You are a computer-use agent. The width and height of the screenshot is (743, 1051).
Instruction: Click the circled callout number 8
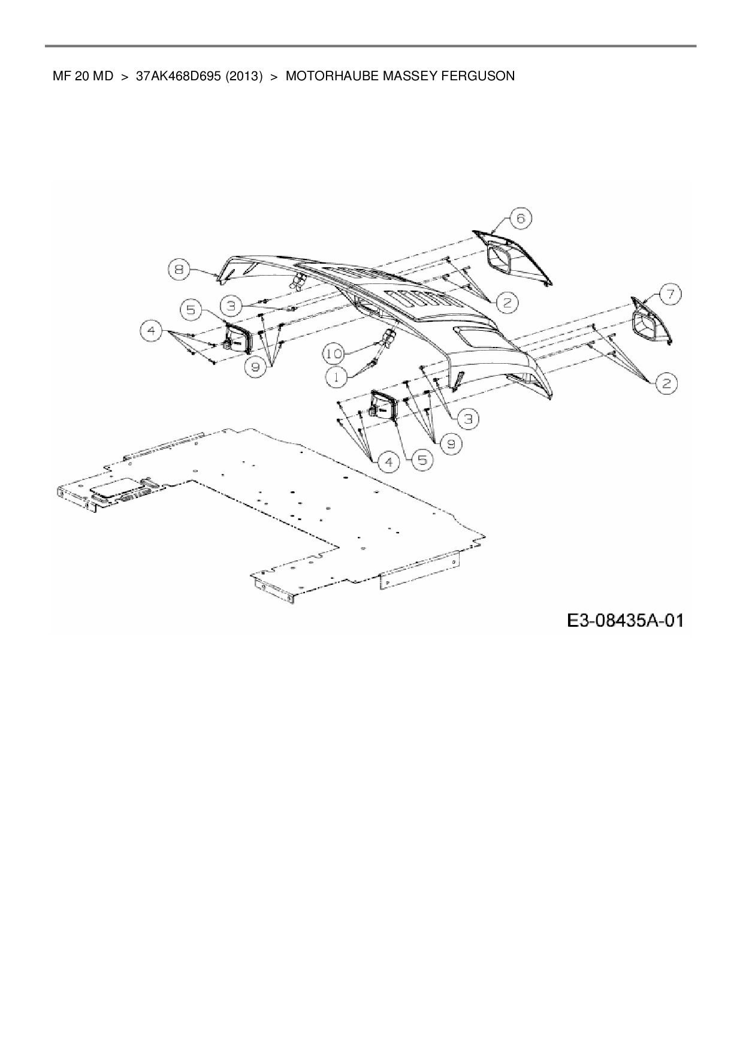click(x=178, y=270)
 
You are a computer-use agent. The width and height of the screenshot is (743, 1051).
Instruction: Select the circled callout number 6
click(x=520, y=219)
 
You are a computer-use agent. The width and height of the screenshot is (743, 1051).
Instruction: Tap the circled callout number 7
click(x=671, y=294)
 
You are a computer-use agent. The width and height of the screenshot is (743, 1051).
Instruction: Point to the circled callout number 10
click(x=334, y=354)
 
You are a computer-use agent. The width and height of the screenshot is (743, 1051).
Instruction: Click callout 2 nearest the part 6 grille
click(x=507, y=303)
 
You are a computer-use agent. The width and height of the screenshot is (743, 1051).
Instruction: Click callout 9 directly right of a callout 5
click(x=451, y=443)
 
